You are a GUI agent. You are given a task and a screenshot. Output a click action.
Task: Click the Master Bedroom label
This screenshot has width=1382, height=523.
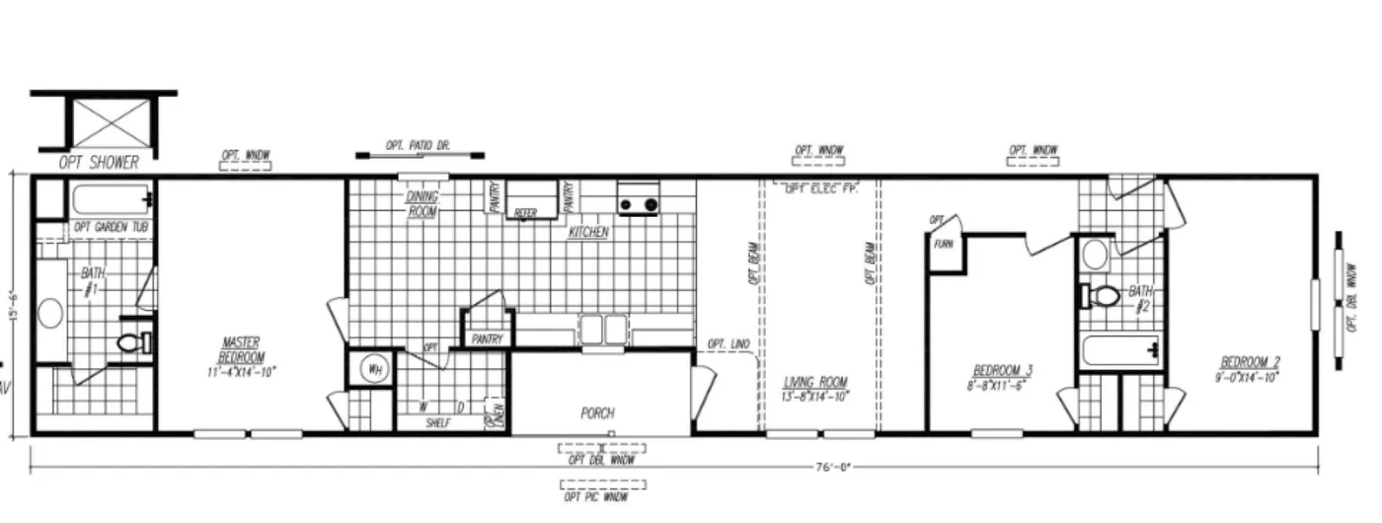tap(243, 356)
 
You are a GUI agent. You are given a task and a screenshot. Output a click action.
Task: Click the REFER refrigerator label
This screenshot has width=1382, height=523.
tap(525, 212)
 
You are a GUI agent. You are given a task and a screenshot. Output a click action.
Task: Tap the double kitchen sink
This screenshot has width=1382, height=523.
tap(602, 328)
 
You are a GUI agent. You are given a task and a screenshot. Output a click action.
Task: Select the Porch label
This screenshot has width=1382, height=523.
tap(597, 413)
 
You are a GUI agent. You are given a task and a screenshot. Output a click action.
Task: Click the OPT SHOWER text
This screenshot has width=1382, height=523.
tap(98, 163)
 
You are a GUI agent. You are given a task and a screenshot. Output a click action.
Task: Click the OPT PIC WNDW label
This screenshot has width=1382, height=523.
tap(601, 497)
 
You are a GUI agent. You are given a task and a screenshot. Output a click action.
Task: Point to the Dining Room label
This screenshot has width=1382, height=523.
tap(422, 203)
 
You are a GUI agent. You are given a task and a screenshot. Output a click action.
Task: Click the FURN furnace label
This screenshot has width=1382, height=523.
tap(944, 243)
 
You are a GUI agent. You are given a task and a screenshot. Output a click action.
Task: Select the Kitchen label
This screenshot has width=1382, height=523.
tap(588, 233)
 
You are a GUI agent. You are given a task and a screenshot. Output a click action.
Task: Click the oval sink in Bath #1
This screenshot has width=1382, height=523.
tap(48, 315)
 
